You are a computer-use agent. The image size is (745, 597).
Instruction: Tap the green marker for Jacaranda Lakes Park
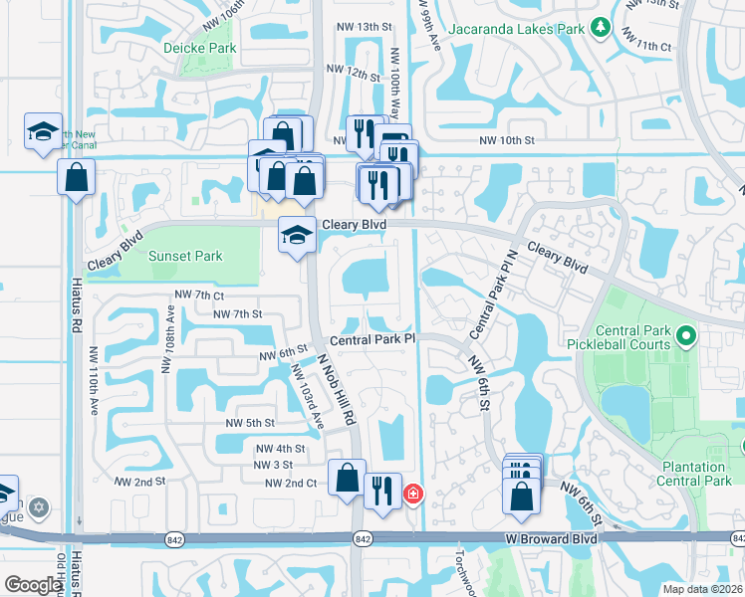pos(600,29)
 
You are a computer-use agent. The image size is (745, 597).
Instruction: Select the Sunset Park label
pos(185,256)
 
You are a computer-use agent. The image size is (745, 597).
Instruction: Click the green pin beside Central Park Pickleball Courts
pos(685,337)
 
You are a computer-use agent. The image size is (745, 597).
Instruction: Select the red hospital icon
pos(411,493)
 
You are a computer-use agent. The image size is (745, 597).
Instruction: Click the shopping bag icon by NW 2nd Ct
pos(346,477)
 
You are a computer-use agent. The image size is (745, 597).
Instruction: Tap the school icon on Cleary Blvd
pos(296,235)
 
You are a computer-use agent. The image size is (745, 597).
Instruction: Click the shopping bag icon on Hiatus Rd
pos(77,179)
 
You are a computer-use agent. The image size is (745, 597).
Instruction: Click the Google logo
pos(34,585)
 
